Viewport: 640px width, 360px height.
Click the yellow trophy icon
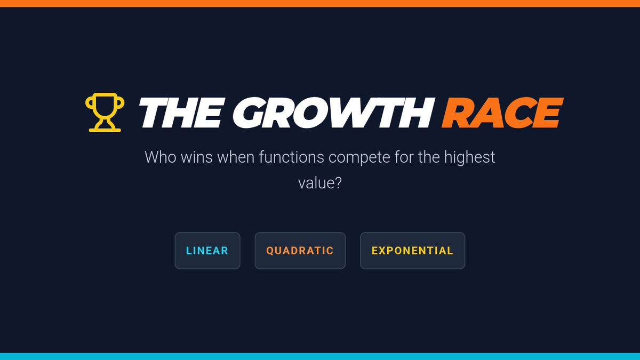tap(105, 113)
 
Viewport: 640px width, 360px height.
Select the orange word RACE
tap(502, 113)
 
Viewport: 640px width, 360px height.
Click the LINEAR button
tap(207, 251)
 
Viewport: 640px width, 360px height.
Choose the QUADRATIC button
tap(300, 251)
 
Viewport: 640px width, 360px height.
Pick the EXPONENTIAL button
tap(413, 251)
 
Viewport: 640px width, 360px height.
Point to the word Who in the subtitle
tap(161, 157)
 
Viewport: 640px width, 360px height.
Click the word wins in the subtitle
tap(197, 157)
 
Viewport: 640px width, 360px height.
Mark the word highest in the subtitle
tap(469, 158)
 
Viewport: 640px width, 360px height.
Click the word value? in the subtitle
tap(320, 183)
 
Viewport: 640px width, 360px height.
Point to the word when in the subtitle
tap(236, 157)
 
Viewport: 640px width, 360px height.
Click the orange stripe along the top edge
tap(320, 3)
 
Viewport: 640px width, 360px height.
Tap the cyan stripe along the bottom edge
tap(320, 357)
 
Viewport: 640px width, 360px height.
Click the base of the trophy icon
tap(105, 130)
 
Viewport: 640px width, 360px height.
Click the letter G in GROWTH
tap(249, 113)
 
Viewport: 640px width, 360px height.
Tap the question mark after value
tap(338, 183)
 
